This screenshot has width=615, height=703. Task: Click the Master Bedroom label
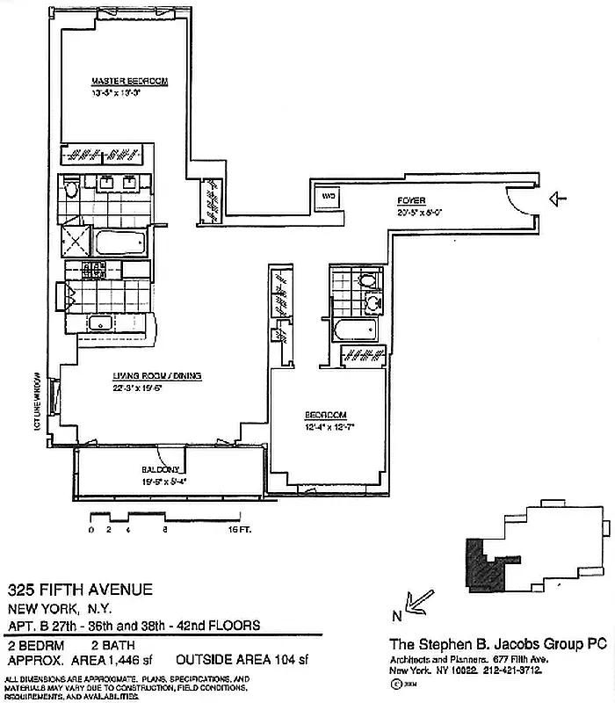point(129,81)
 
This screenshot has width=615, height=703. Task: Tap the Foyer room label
point(411,199)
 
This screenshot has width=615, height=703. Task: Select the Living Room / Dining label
point(157,376)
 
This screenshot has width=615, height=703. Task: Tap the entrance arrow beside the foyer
point(558,199)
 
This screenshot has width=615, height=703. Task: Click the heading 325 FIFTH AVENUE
point(80,590)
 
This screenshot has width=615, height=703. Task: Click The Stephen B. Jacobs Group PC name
point(498,644)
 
